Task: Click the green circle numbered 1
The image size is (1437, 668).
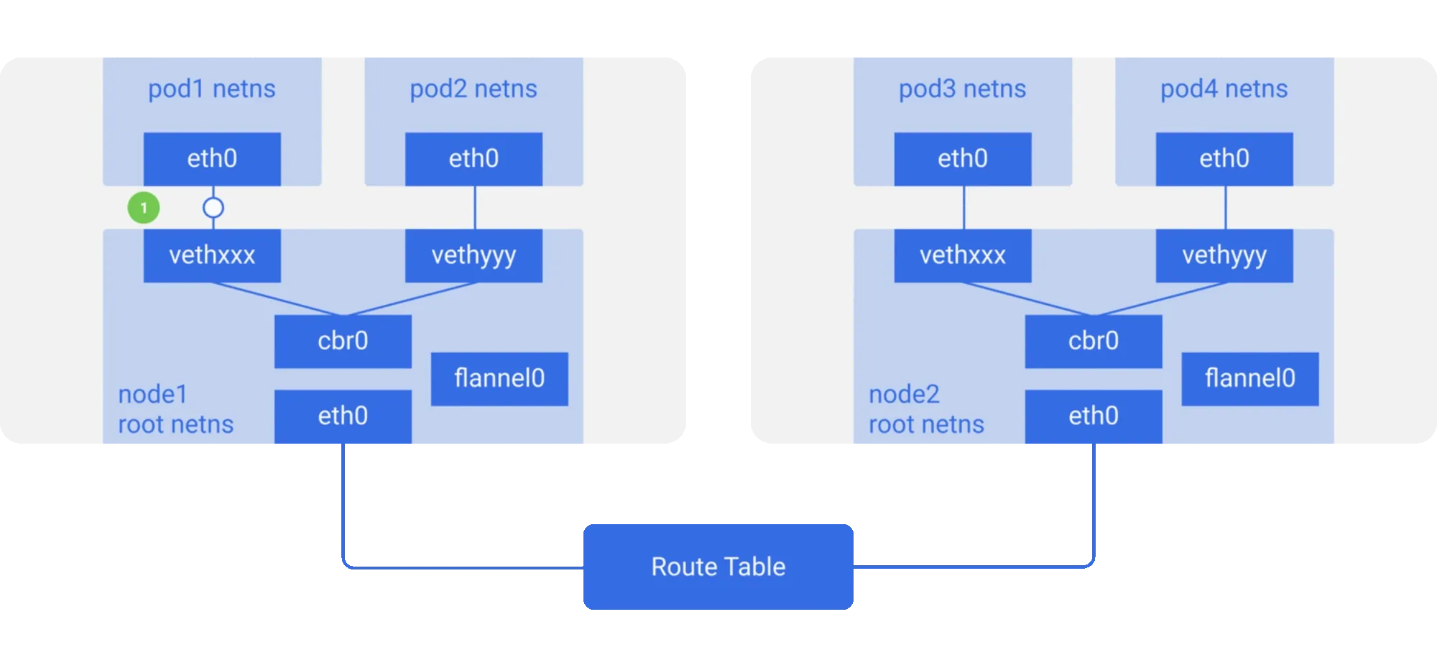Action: (x=144, y=208)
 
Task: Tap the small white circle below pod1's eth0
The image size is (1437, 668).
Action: (x=213, y=208)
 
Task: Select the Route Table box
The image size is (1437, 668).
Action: (x=718, y=567)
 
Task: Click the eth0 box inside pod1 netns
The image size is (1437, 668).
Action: (x=212, y=159)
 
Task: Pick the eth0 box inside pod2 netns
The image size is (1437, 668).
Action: (x=473, y=159)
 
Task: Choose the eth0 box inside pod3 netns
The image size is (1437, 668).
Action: (x=963, y=159)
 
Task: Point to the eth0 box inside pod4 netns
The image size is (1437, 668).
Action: (x=1224, y=159)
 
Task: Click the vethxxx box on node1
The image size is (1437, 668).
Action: (x=212, y=255)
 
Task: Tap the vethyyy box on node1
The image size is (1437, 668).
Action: (x=473, y=255)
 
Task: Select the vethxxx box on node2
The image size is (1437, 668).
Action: (x=963, y=255)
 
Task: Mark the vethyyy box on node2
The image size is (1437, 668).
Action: (x=1224, y=255)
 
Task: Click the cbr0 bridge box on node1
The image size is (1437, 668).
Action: (x=343, y=342)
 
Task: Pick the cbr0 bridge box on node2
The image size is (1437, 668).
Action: (x=1094, y=342)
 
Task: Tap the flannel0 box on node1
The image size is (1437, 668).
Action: (x=499, y=379)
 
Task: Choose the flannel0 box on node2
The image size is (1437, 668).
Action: (x=1250, y=379)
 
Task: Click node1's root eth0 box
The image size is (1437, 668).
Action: (x=343, y=416)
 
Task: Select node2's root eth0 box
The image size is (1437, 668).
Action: (x=1094, y=416)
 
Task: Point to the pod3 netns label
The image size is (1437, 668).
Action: (x=963, y=89)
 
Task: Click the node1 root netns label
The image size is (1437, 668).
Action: (x=176, y=409)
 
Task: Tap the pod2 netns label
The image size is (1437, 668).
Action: (x=473, y=89)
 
